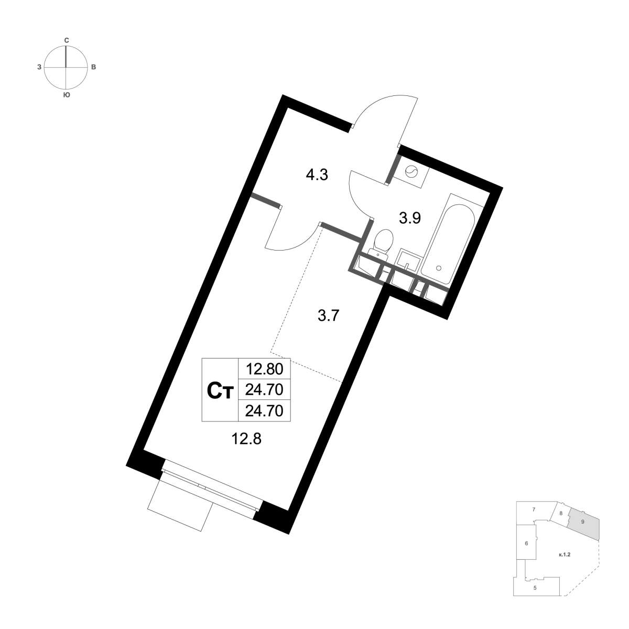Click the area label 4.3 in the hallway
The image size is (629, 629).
click(317, 175)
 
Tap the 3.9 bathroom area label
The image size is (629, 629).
click(410, 218)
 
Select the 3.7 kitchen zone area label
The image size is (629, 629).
click(329, 316)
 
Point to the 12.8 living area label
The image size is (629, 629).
click(246, 440)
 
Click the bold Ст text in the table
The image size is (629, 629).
click(220, 392)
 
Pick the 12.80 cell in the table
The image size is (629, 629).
click(264, 370)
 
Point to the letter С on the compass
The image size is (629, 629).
click(66, 40)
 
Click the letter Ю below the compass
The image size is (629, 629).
click(66, 95)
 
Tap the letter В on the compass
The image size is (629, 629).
click(93, 68)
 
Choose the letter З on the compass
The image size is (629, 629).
click(39, 68)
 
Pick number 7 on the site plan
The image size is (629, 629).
click(534, 519)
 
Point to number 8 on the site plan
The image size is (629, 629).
click(561, 522)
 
